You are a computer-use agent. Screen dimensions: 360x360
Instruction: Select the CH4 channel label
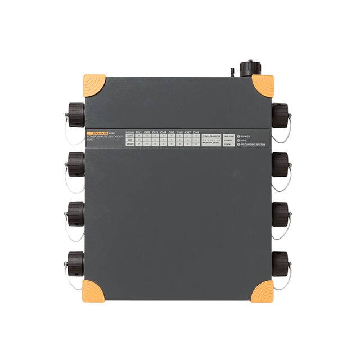[x=163, y=132]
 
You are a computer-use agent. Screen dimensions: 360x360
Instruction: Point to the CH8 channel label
[x=196, y=132]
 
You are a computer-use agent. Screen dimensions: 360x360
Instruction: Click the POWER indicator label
[x=248, y=136]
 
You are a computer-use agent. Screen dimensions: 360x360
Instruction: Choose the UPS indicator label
[x=245, y=140]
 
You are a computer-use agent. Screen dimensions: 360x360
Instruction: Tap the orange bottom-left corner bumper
[x=93, y=291]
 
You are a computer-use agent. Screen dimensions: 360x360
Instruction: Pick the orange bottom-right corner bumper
[x=262, y=291]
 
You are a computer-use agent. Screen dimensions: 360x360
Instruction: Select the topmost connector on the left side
[x=75, y=115]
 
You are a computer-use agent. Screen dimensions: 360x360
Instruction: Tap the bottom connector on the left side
[x=75, y=263]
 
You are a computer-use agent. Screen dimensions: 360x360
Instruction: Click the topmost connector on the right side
[x=280, y=115]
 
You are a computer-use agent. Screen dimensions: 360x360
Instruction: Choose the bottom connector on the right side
[x=280, y=263]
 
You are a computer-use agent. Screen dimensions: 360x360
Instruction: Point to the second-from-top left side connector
[x=75, y=164]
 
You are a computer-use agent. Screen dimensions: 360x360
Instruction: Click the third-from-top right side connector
[x=280, y=214]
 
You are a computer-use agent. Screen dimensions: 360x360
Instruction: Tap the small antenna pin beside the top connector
[x=232, y=71]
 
